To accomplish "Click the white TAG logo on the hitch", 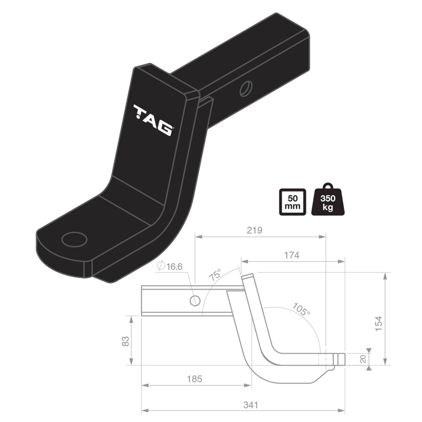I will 153,120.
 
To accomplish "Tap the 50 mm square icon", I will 293,202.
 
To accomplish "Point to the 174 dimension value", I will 292,255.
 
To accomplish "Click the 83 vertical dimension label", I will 126,341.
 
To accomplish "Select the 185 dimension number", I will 195,379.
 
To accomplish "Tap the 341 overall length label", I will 250,405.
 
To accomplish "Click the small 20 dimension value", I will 363,359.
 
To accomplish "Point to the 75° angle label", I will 215,275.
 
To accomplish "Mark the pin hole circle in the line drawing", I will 195,301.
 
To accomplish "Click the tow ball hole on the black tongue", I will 75,239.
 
